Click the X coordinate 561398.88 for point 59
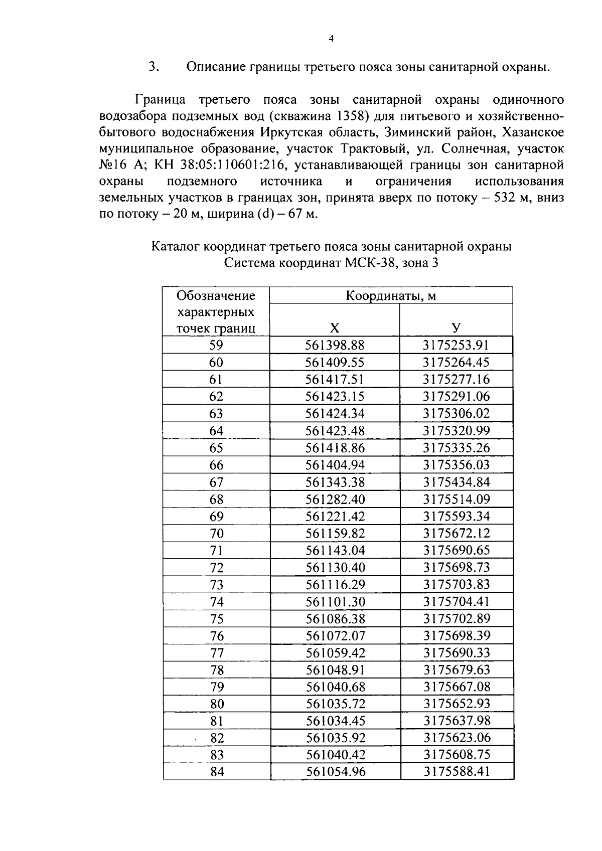(335, 345)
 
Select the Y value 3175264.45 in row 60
(456, 362)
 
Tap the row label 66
(216, 465)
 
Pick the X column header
(335, 328)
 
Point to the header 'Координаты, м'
(391, 295)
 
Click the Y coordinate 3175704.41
(457, 601)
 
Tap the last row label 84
(217, 772)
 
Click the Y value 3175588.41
(457, 771)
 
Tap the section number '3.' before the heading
(154, 67)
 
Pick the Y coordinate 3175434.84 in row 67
(457, 482)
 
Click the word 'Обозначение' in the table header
(216, 295)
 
